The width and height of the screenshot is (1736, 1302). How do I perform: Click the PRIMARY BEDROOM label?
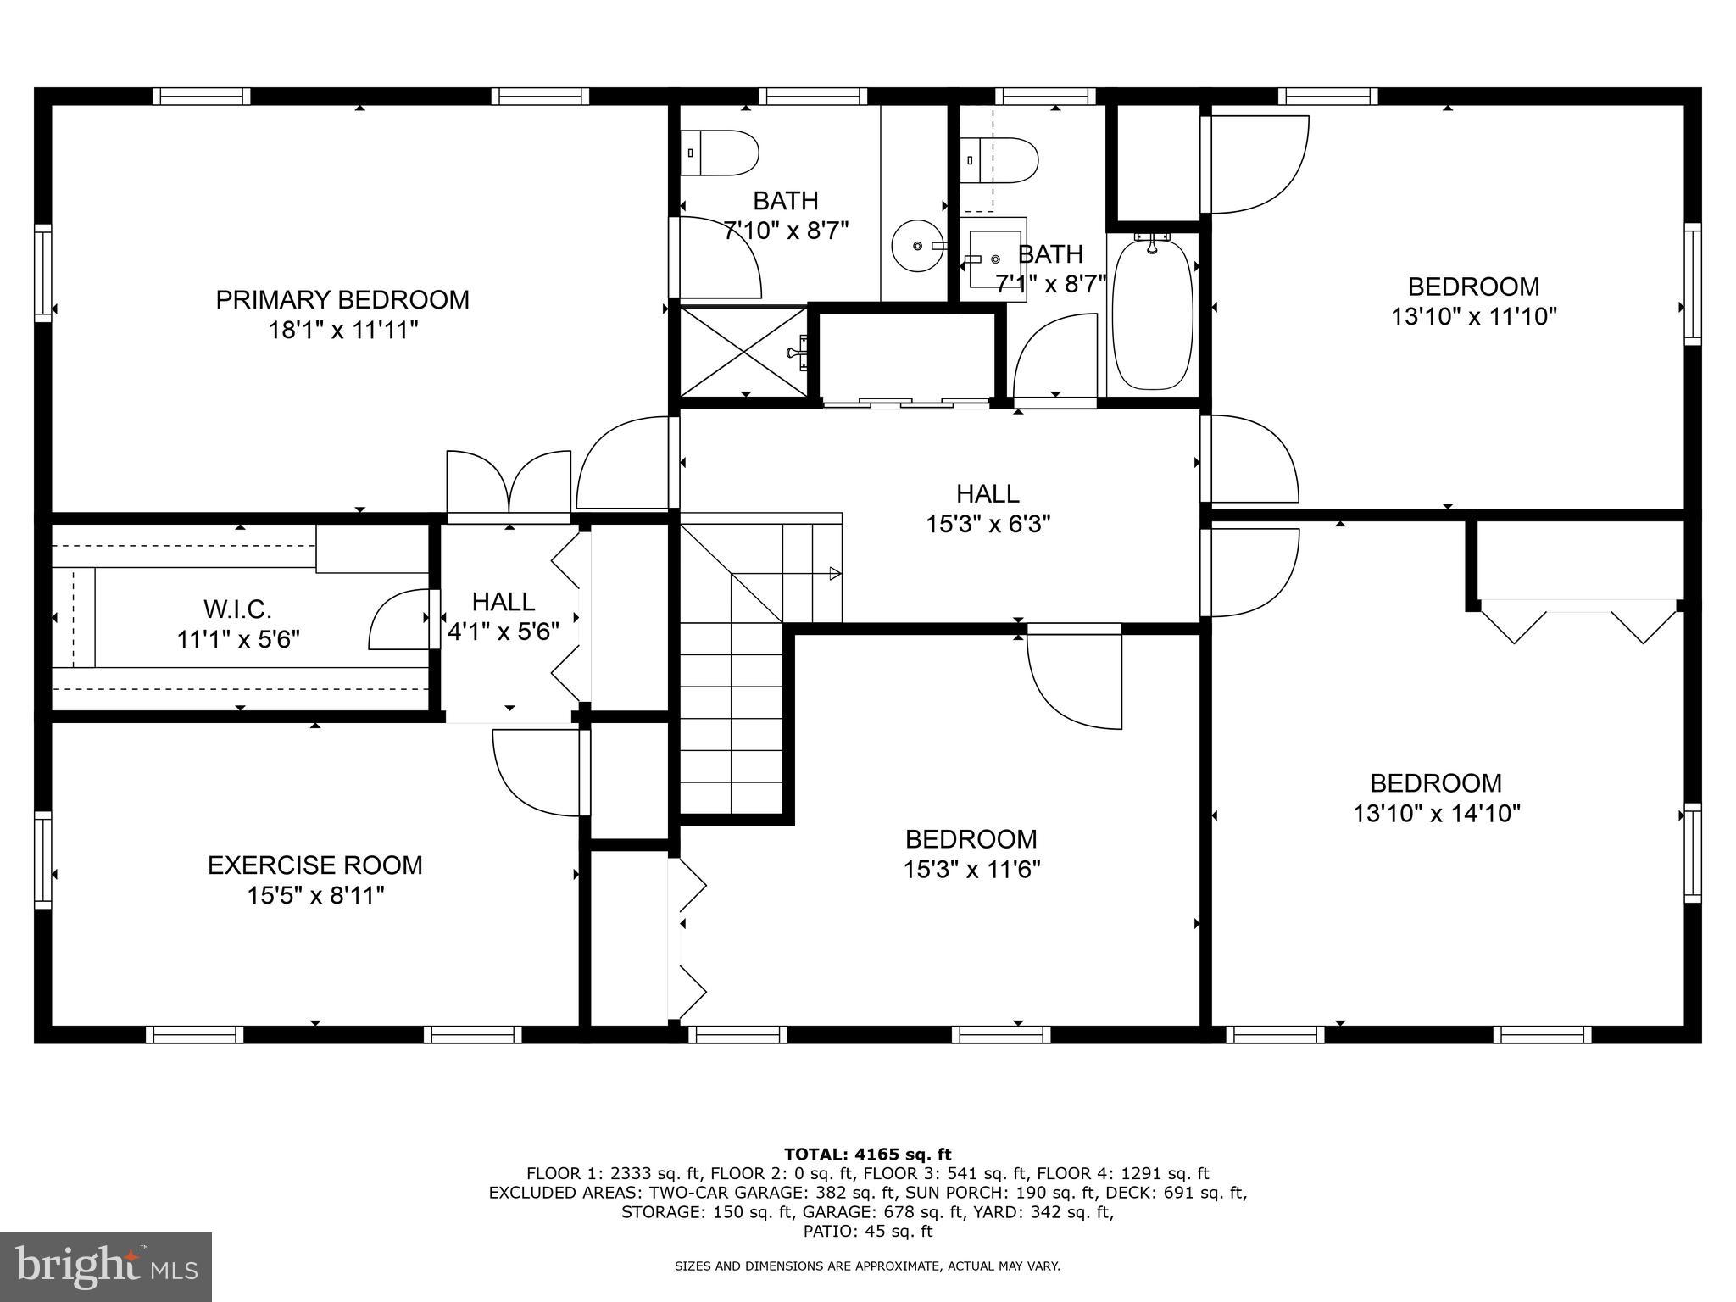tap(342, 300)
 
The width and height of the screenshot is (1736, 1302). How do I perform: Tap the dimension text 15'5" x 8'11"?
tap(316, 896)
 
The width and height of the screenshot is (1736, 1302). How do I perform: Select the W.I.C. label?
tap(237, 609)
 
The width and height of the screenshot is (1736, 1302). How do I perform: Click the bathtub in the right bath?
tap(1153, 315)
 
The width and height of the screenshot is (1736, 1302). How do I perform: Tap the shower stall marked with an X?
tap(743, 351)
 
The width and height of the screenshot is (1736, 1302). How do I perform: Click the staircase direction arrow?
tap(834, 574)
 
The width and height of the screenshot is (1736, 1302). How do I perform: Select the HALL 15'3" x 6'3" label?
tap(988, 493)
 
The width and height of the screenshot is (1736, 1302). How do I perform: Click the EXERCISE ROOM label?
tap(315, 865)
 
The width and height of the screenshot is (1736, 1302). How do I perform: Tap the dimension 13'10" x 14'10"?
tap(1436, 814)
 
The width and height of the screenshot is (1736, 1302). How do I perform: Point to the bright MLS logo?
tap(106, 1266)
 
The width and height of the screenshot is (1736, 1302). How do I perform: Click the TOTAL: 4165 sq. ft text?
tap(867, 1154)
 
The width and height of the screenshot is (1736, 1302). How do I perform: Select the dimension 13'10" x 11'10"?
tap(1473, 317)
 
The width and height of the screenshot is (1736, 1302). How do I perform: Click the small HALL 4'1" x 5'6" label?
tap(504, 602)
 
